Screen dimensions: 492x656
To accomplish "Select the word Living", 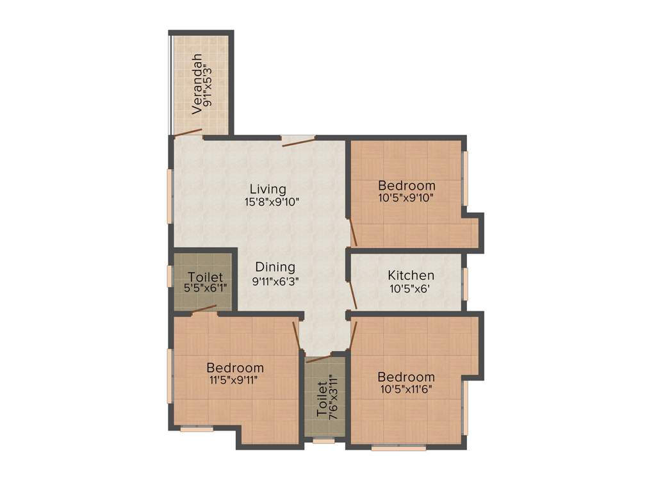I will [x=268, y=189].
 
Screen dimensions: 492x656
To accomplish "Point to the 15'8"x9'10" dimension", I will [x=272, y=201].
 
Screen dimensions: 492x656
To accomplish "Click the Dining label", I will [x=275, y=267].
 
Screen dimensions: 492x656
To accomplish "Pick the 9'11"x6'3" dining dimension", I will [x=275, y=280].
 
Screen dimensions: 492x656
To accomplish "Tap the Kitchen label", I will [x=411, y=275].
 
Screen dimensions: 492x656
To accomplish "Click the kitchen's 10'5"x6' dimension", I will [x=410, y=288].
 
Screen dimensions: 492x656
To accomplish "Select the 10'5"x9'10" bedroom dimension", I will [x=406, y=197].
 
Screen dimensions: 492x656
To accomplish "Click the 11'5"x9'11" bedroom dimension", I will [x=235, y=379].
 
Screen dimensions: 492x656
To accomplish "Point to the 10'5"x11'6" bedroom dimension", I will [x=406, y=388].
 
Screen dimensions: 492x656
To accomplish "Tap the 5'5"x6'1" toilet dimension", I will [x=206, y=289].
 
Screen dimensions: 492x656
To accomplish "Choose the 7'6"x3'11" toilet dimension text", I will [x=332, y=400].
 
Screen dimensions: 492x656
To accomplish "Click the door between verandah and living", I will [x=188, y=133].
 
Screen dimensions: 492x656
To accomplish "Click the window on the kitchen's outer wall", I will [x=466, y=284].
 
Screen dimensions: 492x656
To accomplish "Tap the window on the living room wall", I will [x=170, y=195].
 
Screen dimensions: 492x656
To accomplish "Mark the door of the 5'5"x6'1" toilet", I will [x=204, y=310].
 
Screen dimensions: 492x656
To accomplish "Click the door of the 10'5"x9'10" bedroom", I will [x=352, y=232].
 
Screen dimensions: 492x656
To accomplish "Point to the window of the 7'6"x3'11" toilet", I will [x=324, y=441].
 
